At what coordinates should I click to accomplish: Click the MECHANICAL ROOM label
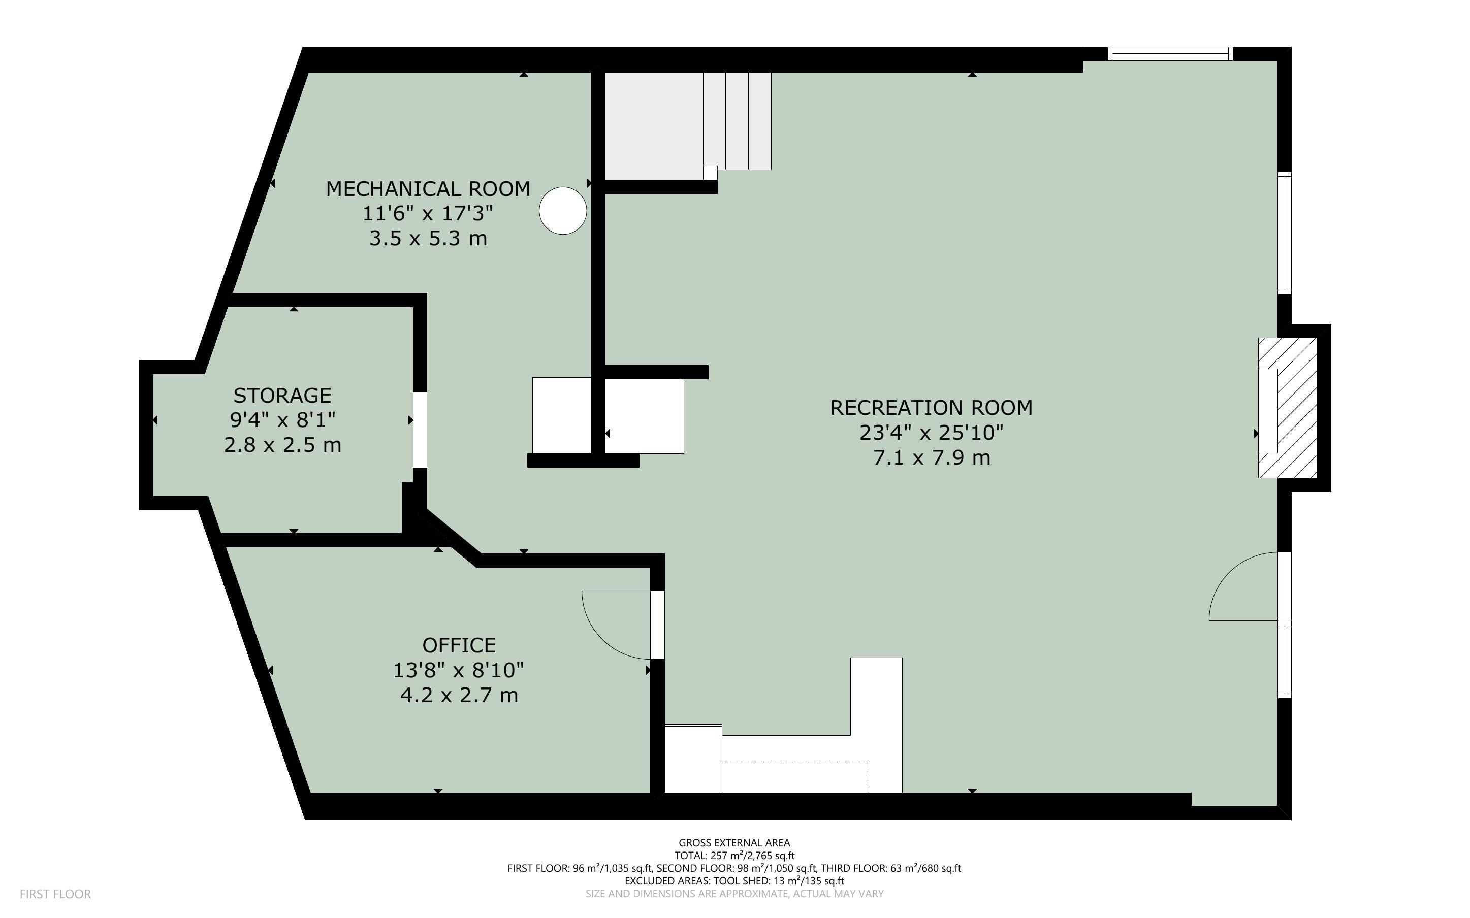pos(428,189)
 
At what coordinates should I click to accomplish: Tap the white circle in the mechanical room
pos(563,211)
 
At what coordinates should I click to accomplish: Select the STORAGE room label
pos(282,395)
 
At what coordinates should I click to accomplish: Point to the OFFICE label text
pos(459,645)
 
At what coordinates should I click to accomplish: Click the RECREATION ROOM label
pos(932,407)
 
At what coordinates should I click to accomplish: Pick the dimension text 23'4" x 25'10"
pos(932,432)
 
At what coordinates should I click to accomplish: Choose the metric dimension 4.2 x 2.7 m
pos(459,695)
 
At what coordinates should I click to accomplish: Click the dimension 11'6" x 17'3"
pos(428,213)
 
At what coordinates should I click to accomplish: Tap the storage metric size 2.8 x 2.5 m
pos(282,445)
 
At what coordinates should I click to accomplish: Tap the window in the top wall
pos(1170,53)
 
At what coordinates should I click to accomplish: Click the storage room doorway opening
pos(420,430)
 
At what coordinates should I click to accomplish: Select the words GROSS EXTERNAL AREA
pos(734,843)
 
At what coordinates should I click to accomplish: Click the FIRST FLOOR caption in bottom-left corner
pos(55,894)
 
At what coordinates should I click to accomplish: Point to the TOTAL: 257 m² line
pos(734,856)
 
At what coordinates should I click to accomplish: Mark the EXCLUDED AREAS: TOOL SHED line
pos(734,881)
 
